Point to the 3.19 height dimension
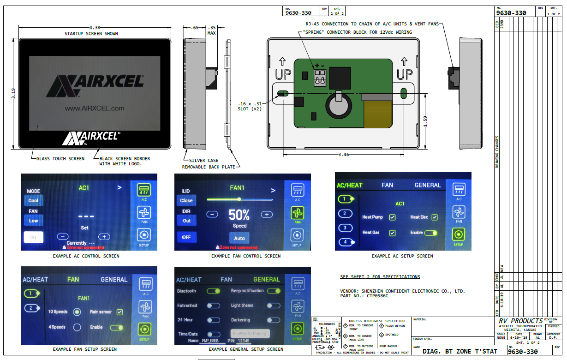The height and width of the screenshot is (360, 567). pyautogui.click(x=13, y=94)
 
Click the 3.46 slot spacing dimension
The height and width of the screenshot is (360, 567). pyautogui.click(x=343, y=154)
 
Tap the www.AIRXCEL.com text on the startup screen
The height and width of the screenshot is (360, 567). pyautogui.click(x=95, y=108)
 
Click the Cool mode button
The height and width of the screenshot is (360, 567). pyautogui.click(x=34, y=201)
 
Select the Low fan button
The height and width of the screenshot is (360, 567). pyautogui.click(x=34, y=221)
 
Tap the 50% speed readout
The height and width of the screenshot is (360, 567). pyautogui.click(x=239, y=215)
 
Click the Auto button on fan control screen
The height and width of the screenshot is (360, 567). pyautogui.click(x=239, y=238)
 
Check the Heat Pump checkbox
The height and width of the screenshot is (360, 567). pyautogui.click(x=392, y=217)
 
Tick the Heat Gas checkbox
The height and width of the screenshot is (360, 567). pyautogui.click(x=392, y=233)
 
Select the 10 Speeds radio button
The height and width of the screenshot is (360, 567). pyautogui.click(x=77, y=312)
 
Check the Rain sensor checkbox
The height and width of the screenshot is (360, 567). pyautogui.click(x=120, y=312)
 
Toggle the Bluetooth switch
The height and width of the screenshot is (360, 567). pyautogui.click(x=213, y=291)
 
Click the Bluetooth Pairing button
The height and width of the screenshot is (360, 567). pyautogui.click(x=250, y=333)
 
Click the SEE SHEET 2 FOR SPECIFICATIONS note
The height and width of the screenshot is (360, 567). pyautogui.click(x=380, y=277)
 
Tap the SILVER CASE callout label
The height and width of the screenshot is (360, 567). pyautogui.click(x=201, y=161)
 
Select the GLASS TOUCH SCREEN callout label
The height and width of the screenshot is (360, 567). pyautogui.click(x=60, y=158)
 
